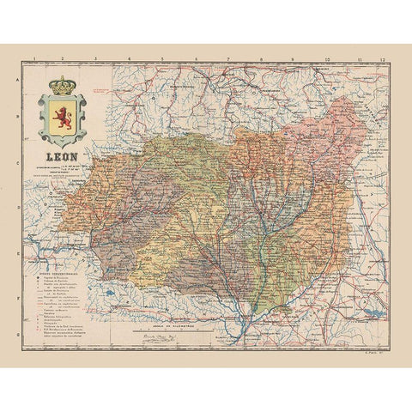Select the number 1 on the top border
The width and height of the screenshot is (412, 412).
click(x=32, y=61)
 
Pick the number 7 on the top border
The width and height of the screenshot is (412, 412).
click(x=228, y=61)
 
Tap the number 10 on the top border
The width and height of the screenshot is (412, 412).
click(x=326, y=61)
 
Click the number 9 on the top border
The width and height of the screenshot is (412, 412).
click(x=293, y=61)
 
